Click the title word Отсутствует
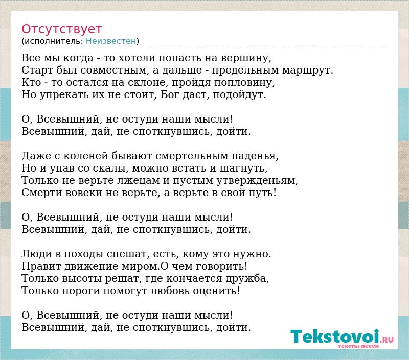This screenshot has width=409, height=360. point(61,29)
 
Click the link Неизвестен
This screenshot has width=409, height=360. point(111,41)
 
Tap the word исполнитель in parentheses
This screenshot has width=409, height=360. point(54,41)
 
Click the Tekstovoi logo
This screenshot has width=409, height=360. point(342,337)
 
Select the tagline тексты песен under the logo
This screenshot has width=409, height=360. point(358,346)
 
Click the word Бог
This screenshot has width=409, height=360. point(170,94)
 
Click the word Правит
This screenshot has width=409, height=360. point(41,266)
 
